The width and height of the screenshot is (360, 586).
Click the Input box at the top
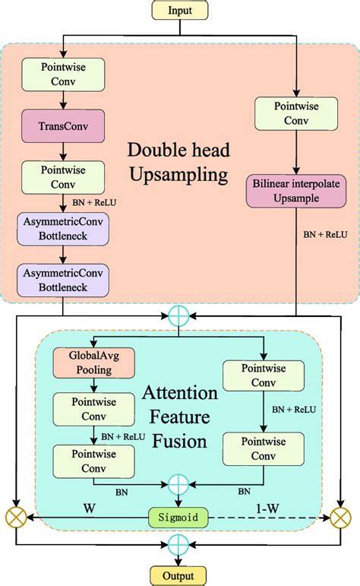[x=179, y=10]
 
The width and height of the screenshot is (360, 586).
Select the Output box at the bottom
[x=179, y=575]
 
